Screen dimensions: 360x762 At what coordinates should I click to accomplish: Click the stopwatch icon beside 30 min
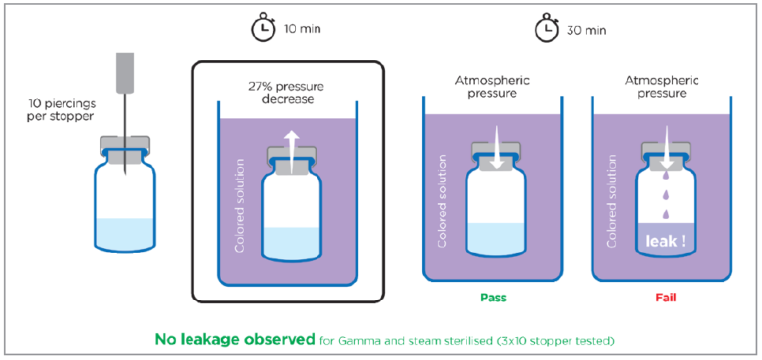point(545,30)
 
